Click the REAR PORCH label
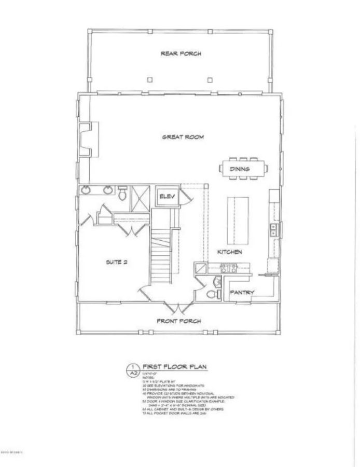coord(181,53)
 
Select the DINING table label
coord(240,169)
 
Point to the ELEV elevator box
coord(168,196)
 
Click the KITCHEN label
coord(229,252)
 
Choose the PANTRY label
coord(242,292)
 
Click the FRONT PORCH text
coord(179,321)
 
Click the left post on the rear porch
coord(149,80)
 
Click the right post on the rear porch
coord(210,80)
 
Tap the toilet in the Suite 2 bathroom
coord(122,194)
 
